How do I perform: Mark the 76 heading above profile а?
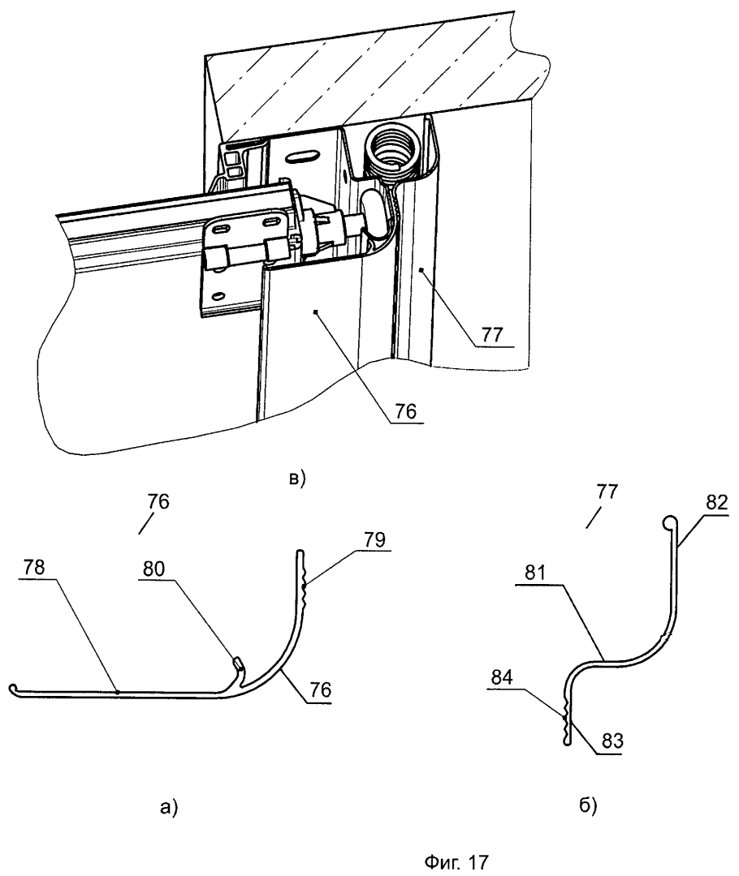pos(159,502)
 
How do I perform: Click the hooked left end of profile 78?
pos(15,690)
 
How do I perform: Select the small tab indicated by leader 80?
pos(235,666)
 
